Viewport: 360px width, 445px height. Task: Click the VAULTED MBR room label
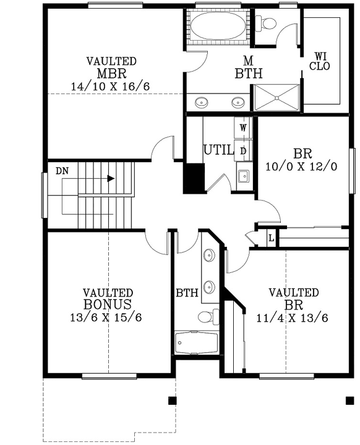[111, 67]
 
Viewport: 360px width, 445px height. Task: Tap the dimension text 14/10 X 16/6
[111, 86]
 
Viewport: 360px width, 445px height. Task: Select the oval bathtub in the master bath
[217, 27]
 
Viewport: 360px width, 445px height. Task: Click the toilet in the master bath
[269, 24]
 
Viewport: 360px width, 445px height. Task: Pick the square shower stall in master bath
[276, 98]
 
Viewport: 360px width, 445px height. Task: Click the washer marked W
[243, 127]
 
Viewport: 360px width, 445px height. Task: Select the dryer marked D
[243, 150]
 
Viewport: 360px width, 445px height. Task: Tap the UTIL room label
[218, 150]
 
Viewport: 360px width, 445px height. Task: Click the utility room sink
[243, 177]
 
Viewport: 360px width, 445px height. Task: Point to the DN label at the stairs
[62, 170]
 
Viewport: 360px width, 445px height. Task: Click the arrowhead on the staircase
[111, 179]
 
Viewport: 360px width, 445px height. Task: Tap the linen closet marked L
[271, 236]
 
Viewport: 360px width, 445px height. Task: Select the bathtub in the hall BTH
[197, 342]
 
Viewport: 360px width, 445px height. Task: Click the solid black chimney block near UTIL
[193, 179]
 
